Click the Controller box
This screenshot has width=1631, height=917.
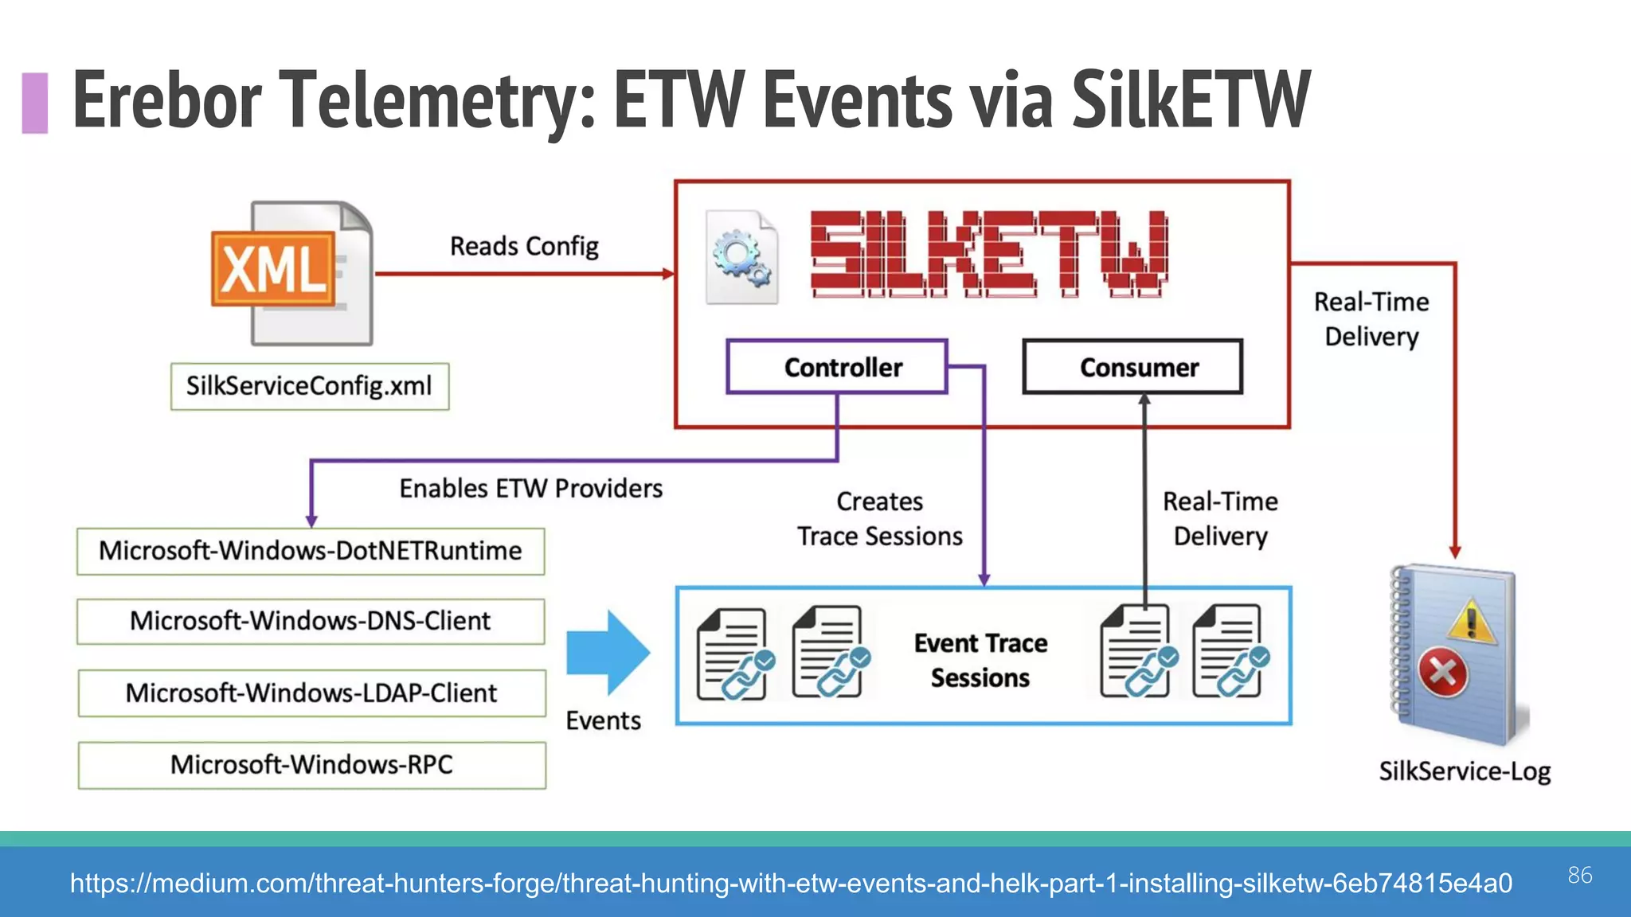[x=837, y=367]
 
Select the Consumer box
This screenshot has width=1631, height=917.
[x=1132, y=367]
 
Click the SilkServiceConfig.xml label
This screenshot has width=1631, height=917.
[x=310, y=386]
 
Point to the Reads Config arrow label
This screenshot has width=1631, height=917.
[x=524, y=246]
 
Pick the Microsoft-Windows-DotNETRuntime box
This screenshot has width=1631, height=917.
[x=311, y=551]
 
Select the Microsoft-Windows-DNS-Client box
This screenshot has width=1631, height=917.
[x=311, y=621]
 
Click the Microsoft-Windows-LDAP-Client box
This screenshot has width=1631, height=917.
[x=311, y=693]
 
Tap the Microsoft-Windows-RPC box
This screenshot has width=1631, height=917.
[x=311, y=765]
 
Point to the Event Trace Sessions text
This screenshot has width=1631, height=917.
[x=980, y=660]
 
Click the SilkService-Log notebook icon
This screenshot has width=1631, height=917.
[x=1457, y=654]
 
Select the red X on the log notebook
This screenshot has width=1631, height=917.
[x=1442, y=673]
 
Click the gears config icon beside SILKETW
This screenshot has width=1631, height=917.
[x=741, y=257]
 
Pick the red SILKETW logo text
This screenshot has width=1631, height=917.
[x=989, y=255]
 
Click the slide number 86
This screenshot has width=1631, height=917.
[x=1580, y=875]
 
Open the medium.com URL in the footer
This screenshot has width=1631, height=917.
[x=791, y=883]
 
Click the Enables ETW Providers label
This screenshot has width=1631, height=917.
[x=530, y=488]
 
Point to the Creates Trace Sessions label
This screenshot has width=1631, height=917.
[x=880, y=518]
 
